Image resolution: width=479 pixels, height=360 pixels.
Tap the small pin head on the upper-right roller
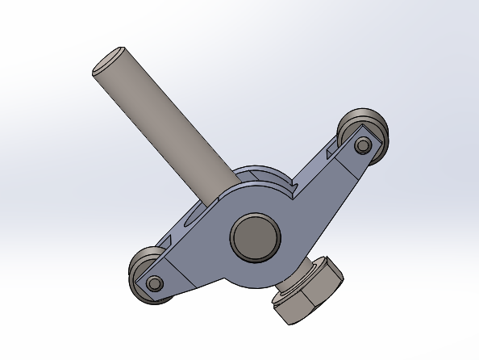coord(363,145)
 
